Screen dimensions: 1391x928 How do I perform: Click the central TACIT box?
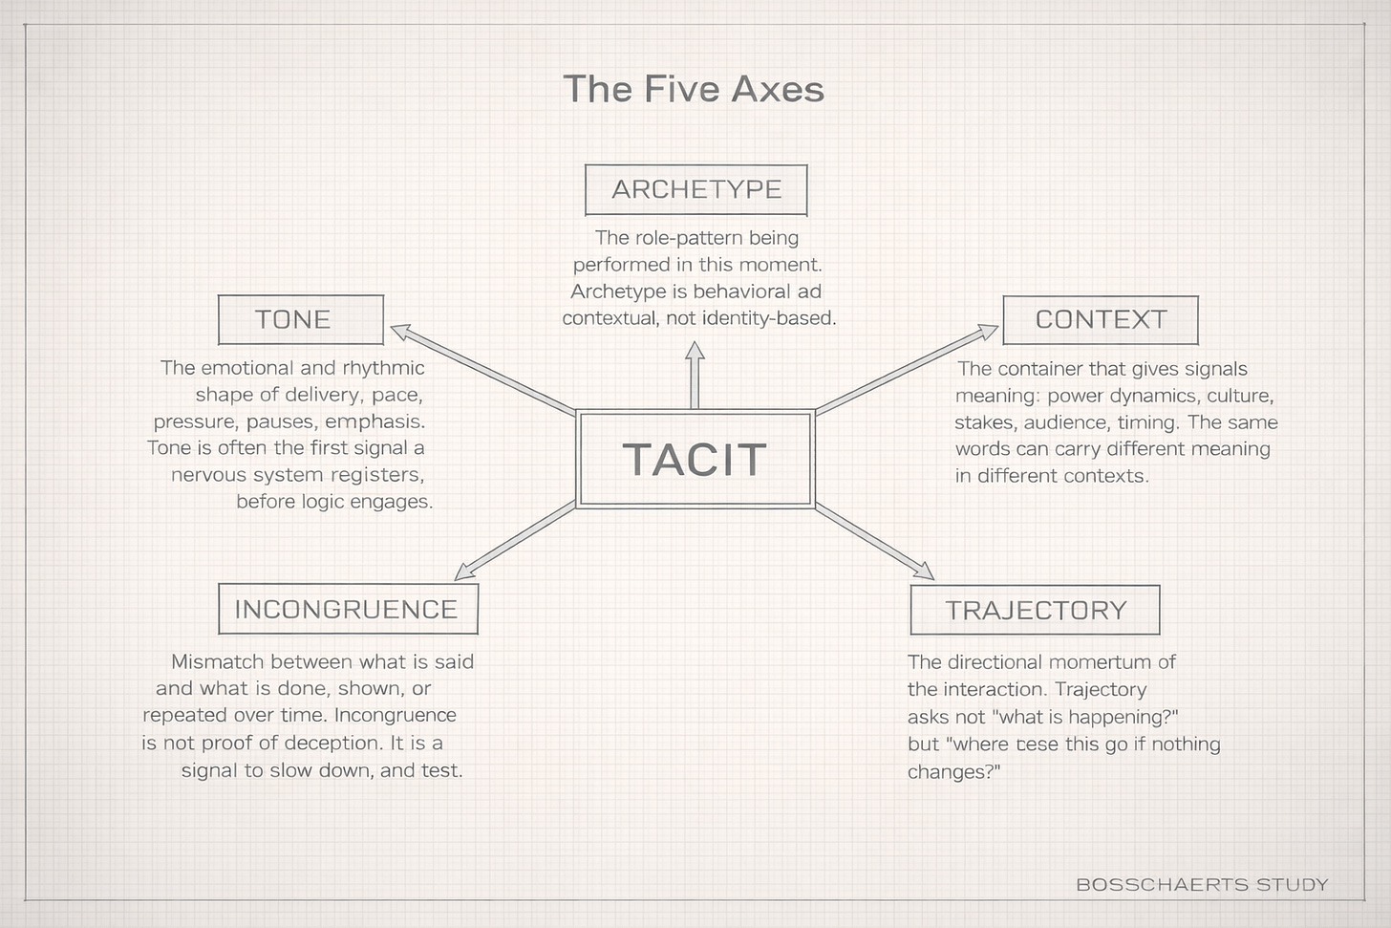click(695, 459)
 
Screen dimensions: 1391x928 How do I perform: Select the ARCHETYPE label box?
click(695, 189)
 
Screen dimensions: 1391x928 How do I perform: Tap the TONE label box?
click(300, 319)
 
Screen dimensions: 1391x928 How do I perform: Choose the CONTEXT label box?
click(1100, 319)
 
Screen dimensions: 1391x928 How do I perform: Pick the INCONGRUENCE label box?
click(347, 609)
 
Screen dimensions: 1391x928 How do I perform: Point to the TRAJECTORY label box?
click(1035, 610)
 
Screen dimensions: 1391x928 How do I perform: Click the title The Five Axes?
click(694, 89)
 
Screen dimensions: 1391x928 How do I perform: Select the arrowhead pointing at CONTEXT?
click(988, 332)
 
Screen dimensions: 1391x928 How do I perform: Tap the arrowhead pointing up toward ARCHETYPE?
click(695, 352)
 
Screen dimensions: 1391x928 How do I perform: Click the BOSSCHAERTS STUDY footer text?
click(1201, 884)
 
